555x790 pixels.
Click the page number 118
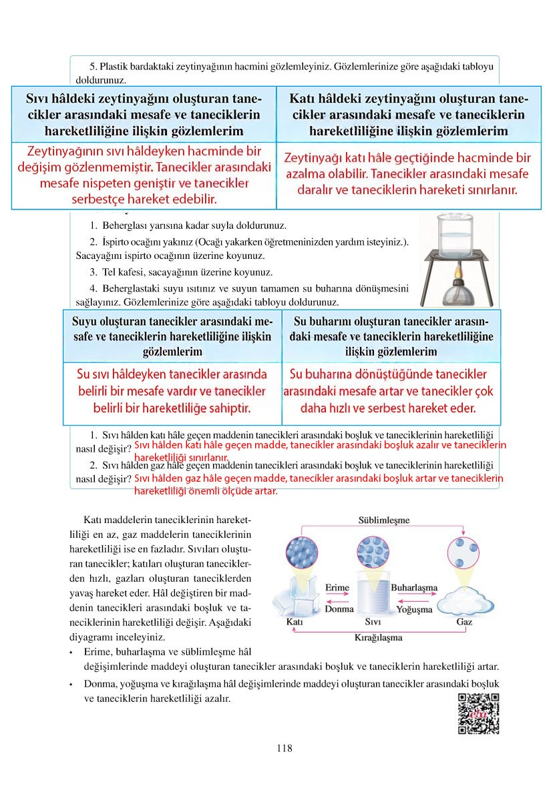[x=284, y=748]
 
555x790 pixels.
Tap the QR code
[x=479, y=713]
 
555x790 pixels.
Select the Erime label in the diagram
[x=337, y=587]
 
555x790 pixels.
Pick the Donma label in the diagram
[x=339, y=609]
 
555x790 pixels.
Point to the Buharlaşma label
[x=413, y=587]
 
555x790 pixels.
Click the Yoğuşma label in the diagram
[x=414, y=609]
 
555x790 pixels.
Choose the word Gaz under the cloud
[x=464, y=622]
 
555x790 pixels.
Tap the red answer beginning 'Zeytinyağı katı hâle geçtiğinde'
[x=408, y=173]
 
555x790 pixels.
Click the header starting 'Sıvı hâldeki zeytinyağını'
[x=144, y=114]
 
